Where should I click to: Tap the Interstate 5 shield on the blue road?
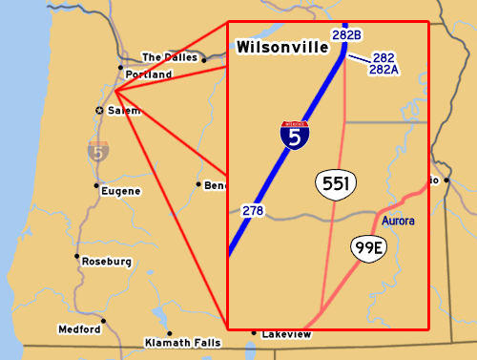coord(295,136)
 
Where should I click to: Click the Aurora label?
coord(398,222)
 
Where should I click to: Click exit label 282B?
coord(346,35)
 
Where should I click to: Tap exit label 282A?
coord(384,70)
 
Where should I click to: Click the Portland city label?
coord(148,74)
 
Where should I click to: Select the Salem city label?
coord(124,111)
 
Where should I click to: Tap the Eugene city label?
coord(121,191)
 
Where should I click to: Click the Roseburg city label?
coord(106,262)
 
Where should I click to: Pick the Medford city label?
coord(79,329)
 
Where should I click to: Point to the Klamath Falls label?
coord(181,342)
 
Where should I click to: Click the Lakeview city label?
coord(286,335)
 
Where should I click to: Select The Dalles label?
coord(169,56)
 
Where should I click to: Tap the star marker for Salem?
coord(99,111)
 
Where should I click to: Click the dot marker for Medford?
coord(105,321)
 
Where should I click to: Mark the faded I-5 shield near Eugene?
coord(97,151)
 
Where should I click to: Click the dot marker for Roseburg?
coord(77,256)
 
